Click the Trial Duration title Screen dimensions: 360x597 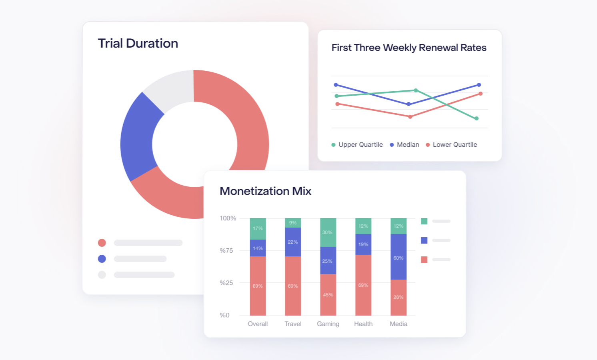click(x=138, y=43)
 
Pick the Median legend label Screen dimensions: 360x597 click(x=408, y=145)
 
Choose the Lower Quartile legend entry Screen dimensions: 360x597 click(x=455, y=145)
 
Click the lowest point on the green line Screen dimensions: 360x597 click(x=477, y=118)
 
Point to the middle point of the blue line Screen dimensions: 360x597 click(x=409, y=104)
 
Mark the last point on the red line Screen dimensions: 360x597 click(x=481, y=94)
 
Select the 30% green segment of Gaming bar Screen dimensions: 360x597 click(x=328, y=232)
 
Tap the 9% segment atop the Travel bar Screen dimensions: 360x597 click(x=293, y=223)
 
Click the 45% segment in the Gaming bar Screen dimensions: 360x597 click(x=328, y=294)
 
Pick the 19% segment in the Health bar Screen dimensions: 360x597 click(x=363, y=244)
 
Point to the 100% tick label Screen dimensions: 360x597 click(x=228, y=218)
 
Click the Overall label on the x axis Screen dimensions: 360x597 click(x=258, y=324)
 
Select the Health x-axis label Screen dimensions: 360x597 click(x=363, y=324)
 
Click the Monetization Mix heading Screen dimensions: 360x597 click(x=265, y=191)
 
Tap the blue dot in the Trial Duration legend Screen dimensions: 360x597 click(x=102, y=259)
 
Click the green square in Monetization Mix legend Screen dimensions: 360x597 click(x=424, y=221)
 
